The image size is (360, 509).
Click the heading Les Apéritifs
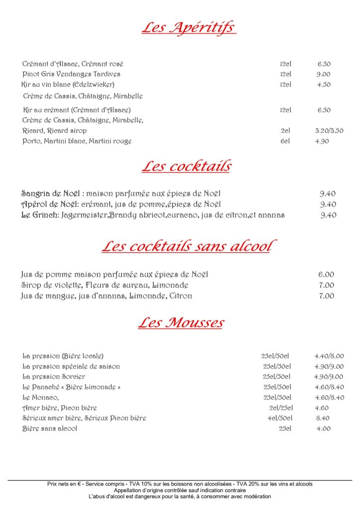(x=188, y=27)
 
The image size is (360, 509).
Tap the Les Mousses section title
(x=181, y=323)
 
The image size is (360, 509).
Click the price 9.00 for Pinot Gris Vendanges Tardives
(x=324, y=74)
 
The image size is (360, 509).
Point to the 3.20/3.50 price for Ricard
(x=329, y=131)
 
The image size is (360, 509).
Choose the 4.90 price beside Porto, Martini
(x=322, y=141)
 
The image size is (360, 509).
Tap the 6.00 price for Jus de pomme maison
(x=326, y=274)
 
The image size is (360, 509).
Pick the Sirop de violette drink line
(x=104, y=285)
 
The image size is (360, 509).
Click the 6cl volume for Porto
(x=285, y=141)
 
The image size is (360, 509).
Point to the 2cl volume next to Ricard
(x=285, y=131)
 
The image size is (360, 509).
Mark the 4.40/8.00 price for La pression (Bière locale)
(x=329, y=356)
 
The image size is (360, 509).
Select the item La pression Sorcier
(x=54, y=377)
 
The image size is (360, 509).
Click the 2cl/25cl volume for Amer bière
(x=280, y=408)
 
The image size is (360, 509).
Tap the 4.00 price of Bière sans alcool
(x=323, y=428)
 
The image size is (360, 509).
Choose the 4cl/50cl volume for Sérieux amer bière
(x=280, y=419)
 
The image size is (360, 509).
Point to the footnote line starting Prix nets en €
(x=180, y=484)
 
